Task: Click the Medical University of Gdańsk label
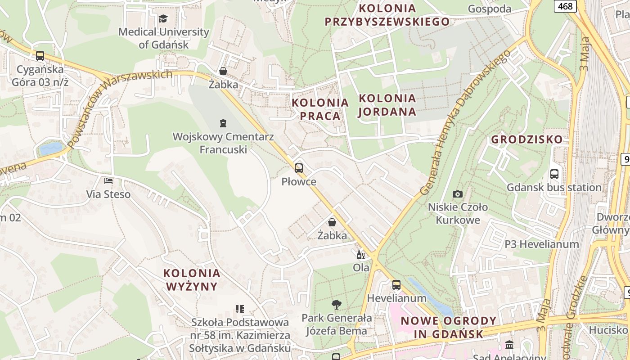click(x=163, y=38)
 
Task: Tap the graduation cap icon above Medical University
click(x=163, y=19)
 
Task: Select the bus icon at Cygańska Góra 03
click(x=40, y=56)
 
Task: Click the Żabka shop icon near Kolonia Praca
click(x=223, y=71)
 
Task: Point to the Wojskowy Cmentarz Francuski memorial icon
click(x=223, y=123)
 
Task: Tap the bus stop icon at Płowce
click(x=299, y=168)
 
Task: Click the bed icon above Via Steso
click(x=108, y=181)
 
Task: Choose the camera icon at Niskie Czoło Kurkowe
click(x=458, y=194)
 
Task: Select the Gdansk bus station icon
click(x=554, y=174)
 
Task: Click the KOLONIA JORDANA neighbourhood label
click(x=387, y=105)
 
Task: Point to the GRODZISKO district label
click(x=527, y=139)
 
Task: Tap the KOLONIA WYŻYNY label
click(x=192, y=279)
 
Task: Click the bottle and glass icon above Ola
click(x=360, y=255)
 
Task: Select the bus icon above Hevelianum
click(x=396, y=285)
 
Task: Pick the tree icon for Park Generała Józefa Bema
click(x=336, y=305)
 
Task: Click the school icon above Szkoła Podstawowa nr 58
click(x=240, y=309)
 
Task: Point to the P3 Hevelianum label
click(x=541, y=244)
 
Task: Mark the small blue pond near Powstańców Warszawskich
click(x=51, y=148)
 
